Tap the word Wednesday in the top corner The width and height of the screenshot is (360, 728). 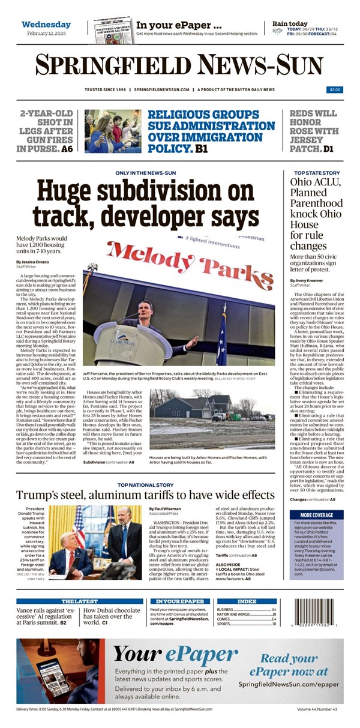[x=46, y=25]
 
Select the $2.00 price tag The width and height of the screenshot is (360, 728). [x=334, y=89]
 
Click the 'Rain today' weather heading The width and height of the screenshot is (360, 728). [x=290, y=24]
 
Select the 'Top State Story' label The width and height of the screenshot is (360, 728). [x=312, y=173]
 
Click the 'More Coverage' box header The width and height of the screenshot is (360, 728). [x=316, y=515]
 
